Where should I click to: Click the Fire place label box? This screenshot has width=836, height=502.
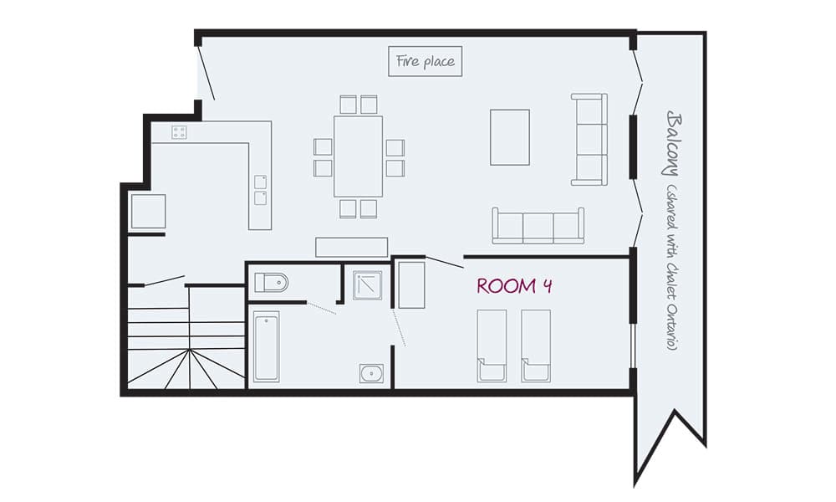pyautogui.click(x=426, y=62)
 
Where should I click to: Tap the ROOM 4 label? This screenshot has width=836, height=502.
pyautogui.click(x=513, y=286)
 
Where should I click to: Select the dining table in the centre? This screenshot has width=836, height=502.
pyautogui.click(x=358, y=156)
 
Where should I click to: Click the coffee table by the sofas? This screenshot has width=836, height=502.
pyautogui.click(x=509, y=137)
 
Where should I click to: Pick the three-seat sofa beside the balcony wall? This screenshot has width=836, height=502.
pyautogui.click(x=589, y=139)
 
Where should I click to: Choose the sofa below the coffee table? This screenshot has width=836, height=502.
pyautogui.click(x=538, y=226)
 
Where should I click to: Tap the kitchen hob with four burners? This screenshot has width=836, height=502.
pyautogui.click(x=179, y=131)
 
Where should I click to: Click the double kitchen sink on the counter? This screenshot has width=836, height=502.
pyautogui.click(x=261, y=190)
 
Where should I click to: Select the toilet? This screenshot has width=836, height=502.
pyautogui.click(x=271, y=283)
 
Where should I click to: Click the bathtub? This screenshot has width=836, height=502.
pyautogui.click(x=266, y=346)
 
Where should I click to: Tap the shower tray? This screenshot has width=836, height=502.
pyautogui.click(x=366, y=284)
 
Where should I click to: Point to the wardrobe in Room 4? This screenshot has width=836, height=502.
pyautogui.click(x=411, y=284)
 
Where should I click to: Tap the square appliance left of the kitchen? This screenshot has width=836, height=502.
pyautogui.click(x=148, y=211)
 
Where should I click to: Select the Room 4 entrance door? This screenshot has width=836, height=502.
pyautogui.click(x=445, y=261)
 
